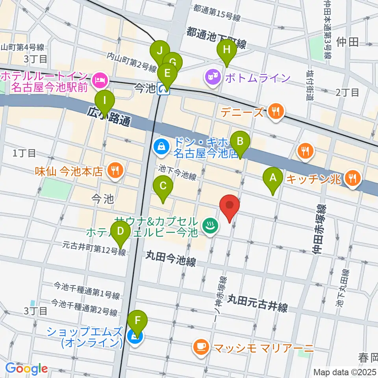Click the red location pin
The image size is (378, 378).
tap(230, 206)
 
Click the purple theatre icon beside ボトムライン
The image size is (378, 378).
tap(213, 78)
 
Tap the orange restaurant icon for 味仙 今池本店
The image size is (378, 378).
tap(115, 171)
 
